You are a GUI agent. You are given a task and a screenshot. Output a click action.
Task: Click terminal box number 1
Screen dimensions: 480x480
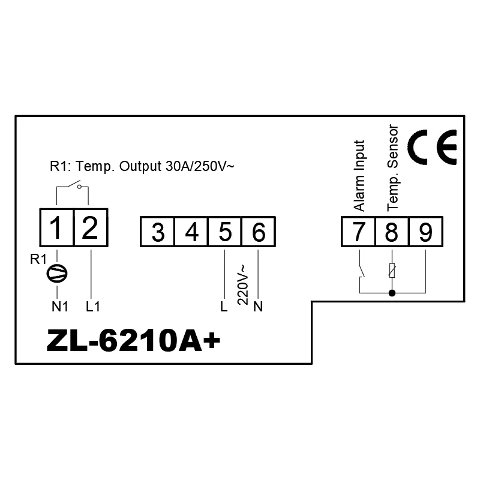56,227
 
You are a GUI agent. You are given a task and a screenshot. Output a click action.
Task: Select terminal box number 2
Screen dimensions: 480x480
91,227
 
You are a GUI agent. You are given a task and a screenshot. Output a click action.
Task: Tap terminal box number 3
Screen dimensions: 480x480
157,232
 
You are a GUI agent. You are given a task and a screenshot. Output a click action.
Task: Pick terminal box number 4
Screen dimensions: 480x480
191,232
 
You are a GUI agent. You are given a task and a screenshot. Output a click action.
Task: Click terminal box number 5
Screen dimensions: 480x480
224,232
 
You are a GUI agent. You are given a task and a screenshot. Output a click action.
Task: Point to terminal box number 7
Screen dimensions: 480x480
358,232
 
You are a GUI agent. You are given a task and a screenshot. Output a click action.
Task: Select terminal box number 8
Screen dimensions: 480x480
392,232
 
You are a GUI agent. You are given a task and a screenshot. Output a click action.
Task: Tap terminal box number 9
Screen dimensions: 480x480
425,232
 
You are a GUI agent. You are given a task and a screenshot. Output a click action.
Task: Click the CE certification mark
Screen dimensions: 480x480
431,147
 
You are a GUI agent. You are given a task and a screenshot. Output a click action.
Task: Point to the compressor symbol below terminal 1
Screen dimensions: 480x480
57,273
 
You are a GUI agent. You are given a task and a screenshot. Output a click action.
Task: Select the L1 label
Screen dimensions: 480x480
92,307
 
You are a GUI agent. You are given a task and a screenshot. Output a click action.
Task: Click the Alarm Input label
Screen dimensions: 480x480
359,175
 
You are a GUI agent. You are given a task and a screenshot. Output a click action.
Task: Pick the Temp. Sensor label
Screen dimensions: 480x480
393,168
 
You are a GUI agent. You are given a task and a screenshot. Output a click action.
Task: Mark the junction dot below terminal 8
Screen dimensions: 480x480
392,293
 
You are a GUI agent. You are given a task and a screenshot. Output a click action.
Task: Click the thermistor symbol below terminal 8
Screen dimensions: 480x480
392,271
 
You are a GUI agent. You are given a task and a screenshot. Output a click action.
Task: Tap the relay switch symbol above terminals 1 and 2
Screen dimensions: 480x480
73,186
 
